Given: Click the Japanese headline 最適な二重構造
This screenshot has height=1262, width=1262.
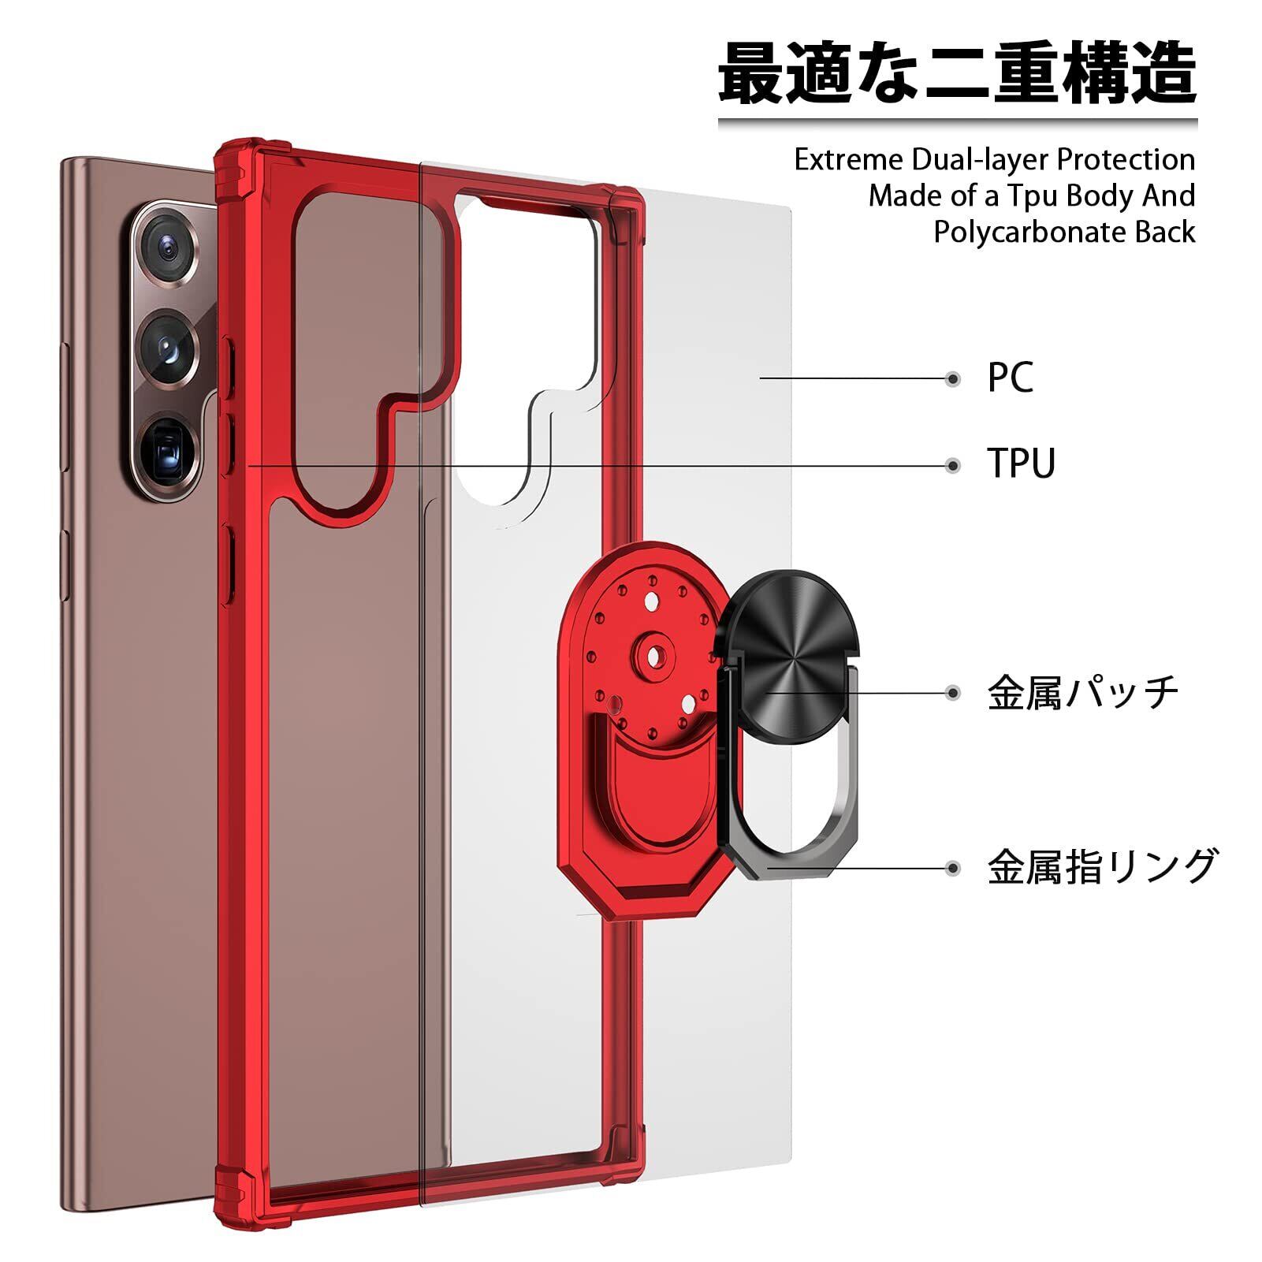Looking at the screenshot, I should (x=957, y=75).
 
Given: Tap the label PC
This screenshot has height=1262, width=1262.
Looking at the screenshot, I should (x=1010, y=378).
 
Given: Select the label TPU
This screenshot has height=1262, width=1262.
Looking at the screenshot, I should (x=1021, y=463).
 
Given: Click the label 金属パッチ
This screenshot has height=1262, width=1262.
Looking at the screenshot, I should (x=1082, y=693).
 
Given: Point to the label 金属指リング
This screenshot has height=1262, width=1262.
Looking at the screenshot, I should (x=1102, y=867).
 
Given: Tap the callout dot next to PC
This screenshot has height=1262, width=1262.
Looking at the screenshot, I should (x=953, y=379).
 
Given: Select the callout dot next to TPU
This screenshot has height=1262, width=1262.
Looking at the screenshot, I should (x=953, y=465).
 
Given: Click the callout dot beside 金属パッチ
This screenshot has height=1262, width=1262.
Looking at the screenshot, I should (x=953, y=694).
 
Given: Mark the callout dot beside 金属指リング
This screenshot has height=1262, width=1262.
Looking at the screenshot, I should (x=953, y=868).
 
